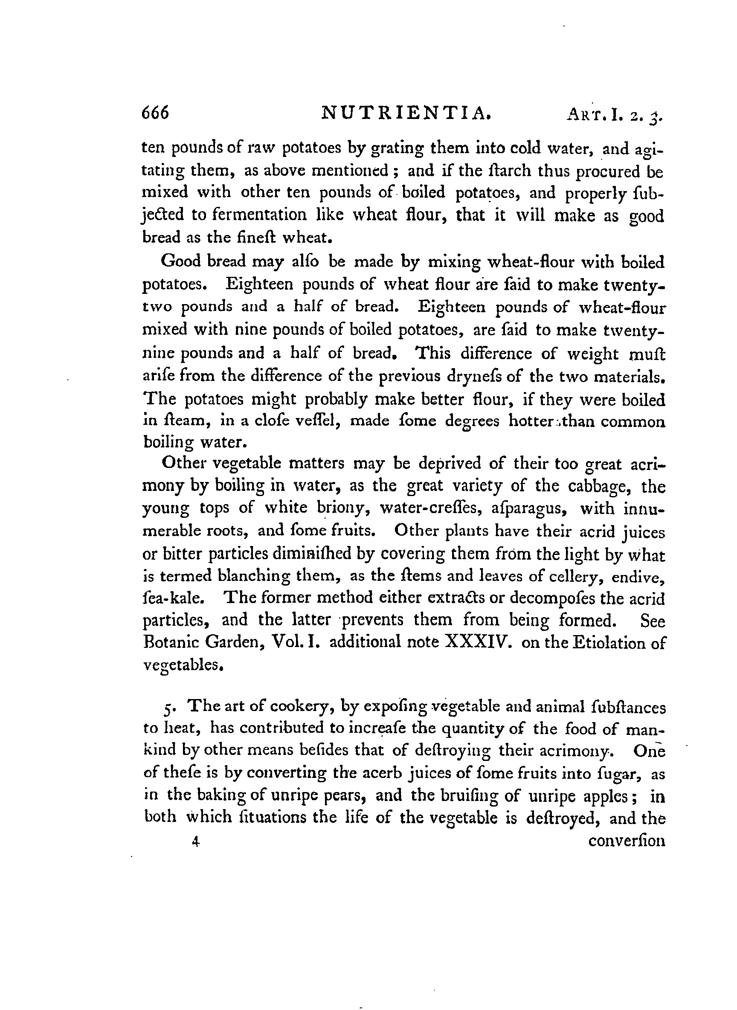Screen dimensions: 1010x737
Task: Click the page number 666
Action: click(x=155, y=113)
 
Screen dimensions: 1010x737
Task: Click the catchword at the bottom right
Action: click(x=627, y=842)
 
